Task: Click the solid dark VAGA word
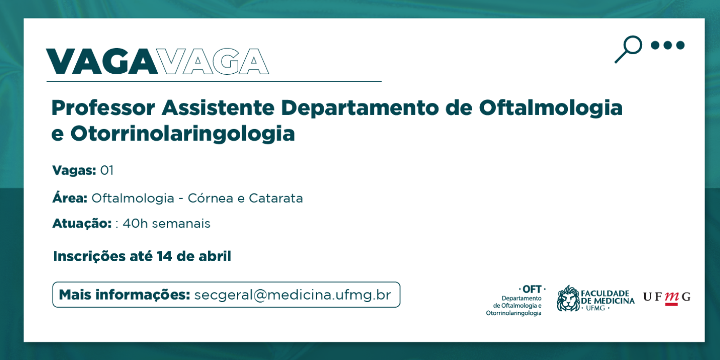pos(102,61)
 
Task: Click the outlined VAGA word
pos(214,61)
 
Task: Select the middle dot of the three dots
pos(668,46)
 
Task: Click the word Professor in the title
pos(103,108)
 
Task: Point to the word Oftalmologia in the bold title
pos(550,109)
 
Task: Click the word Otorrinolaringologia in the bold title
pos(183,134)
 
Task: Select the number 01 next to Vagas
pos(107,171)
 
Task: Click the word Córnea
pos(210,198)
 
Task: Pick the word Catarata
pos(276,198)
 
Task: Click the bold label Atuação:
pos(82,224)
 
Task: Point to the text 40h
pos(135,223)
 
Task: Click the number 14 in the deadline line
pos(164,256)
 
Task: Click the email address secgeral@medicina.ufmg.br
pos(293,295)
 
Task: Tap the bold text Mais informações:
pos(125,295)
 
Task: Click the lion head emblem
pos(568,298)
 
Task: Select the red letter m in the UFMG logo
pos(671,298)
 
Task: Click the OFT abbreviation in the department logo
pos(532,289)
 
